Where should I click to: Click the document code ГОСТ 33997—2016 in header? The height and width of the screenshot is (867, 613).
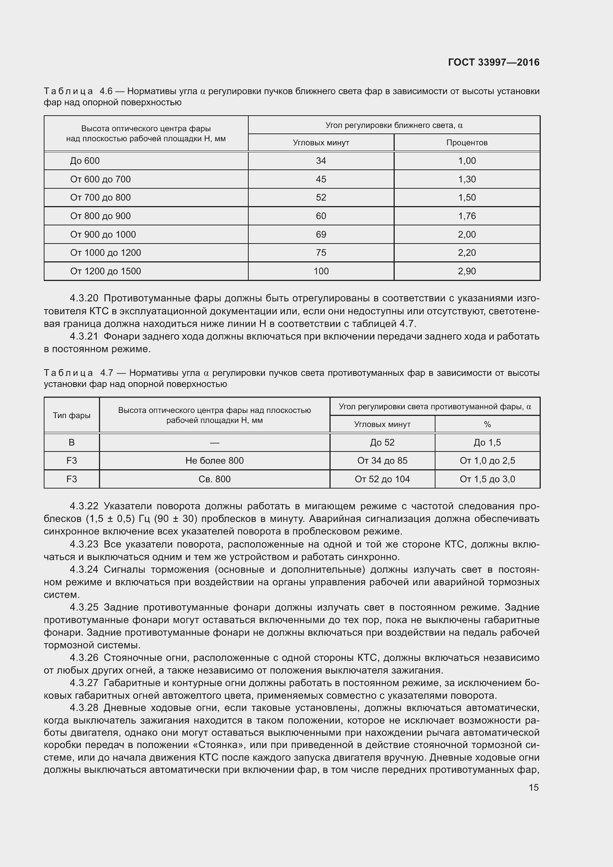tap(494, 62)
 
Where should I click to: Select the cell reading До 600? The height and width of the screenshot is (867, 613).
tap(85, 161)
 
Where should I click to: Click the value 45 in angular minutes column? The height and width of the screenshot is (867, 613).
tap(321, 179)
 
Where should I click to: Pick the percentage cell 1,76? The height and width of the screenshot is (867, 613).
tap(467, 216)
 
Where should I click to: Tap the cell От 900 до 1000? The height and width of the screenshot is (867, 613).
tap(103, 235)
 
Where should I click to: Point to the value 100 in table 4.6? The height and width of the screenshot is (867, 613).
tap(321, 271)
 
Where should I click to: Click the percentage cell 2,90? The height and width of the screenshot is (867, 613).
tap(467, 271)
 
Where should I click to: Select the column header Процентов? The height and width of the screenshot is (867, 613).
tap(467, 143)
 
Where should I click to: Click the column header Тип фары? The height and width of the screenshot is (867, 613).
tap(72, 416)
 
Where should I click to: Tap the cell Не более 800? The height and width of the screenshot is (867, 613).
tap(214, 461)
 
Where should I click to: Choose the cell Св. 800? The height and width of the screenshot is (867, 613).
tap(214, 479)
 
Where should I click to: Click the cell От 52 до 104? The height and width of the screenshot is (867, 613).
tap(382, 479)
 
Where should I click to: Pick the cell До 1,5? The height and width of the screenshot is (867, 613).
tap(487, 443)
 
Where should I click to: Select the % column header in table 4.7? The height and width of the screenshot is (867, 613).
tap(487, 424)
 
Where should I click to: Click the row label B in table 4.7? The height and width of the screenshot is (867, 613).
tap(72, 443)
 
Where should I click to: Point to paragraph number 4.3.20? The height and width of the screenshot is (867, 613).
tap(84, 298)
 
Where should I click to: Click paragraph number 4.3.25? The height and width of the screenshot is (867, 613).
tap(84, 608)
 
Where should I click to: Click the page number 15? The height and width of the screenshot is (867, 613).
tap(533, 788)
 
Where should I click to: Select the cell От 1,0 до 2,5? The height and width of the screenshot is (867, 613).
tap(487, 461)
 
